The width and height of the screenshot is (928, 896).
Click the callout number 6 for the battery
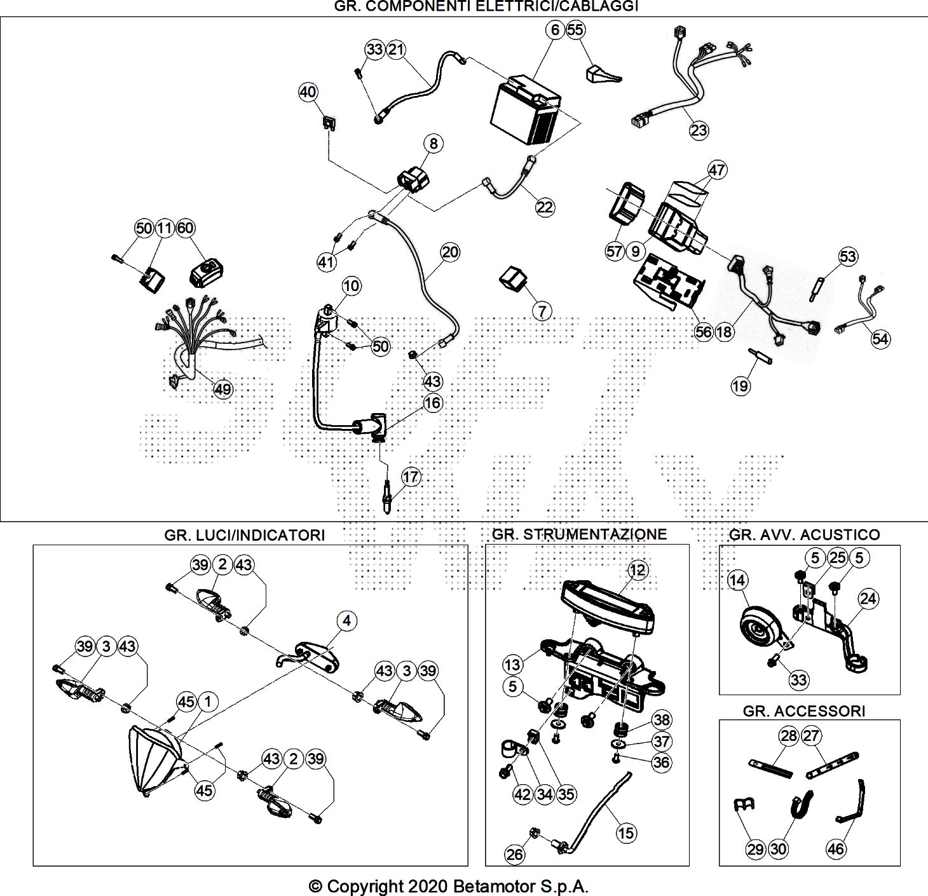click(555, 30)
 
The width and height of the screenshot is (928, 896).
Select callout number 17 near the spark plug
click(411, 477)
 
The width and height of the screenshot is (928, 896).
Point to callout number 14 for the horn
click(737, 580)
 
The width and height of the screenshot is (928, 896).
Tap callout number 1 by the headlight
click(207, 702)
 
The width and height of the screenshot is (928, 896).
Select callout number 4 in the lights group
click(346, 621)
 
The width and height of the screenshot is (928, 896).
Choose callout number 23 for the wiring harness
click(699, 130)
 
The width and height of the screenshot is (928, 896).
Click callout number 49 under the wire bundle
click(222, 389)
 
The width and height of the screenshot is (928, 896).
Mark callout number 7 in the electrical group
click(542, 311)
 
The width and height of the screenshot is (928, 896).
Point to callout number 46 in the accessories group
click(836, 848)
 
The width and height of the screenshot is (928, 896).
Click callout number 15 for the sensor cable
click(626, 832)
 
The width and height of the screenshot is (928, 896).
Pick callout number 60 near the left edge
click(185, 228)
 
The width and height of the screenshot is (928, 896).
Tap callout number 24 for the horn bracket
click(868, 598)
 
